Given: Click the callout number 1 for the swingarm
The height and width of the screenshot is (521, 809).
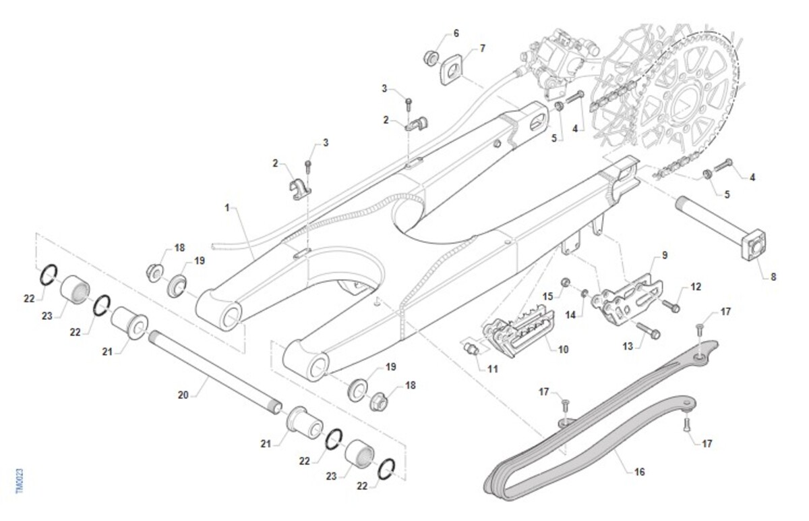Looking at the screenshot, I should click(227, 207).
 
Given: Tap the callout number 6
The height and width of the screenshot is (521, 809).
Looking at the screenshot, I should click(456, 33).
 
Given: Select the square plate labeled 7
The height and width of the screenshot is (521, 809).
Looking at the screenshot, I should click(451, 69).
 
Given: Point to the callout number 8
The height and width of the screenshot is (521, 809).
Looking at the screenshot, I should click(773, 276).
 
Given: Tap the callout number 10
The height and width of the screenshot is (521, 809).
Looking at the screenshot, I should click(564, 349).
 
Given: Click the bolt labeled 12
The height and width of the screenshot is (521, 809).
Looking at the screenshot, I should click(671, 306).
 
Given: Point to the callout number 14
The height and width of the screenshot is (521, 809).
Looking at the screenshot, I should click(571, 314).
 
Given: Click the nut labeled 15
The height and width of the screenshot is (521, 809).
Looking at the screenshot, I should click(568, 281).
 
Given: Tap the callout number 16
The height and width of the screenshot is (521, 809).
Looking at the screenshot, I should click(639, 472).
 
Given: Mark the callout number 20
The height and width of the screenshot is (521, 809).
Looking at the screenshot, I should click(183, 395).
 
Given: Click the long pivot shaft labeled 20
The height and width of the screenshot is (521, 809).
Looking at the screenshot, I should click(216, 368).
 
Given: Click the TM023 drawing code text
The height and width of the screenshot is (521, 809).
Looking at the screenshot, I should click(19, 480).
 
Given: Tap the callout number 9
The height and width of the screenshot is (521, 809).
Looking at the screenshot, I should click(664, 256).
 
